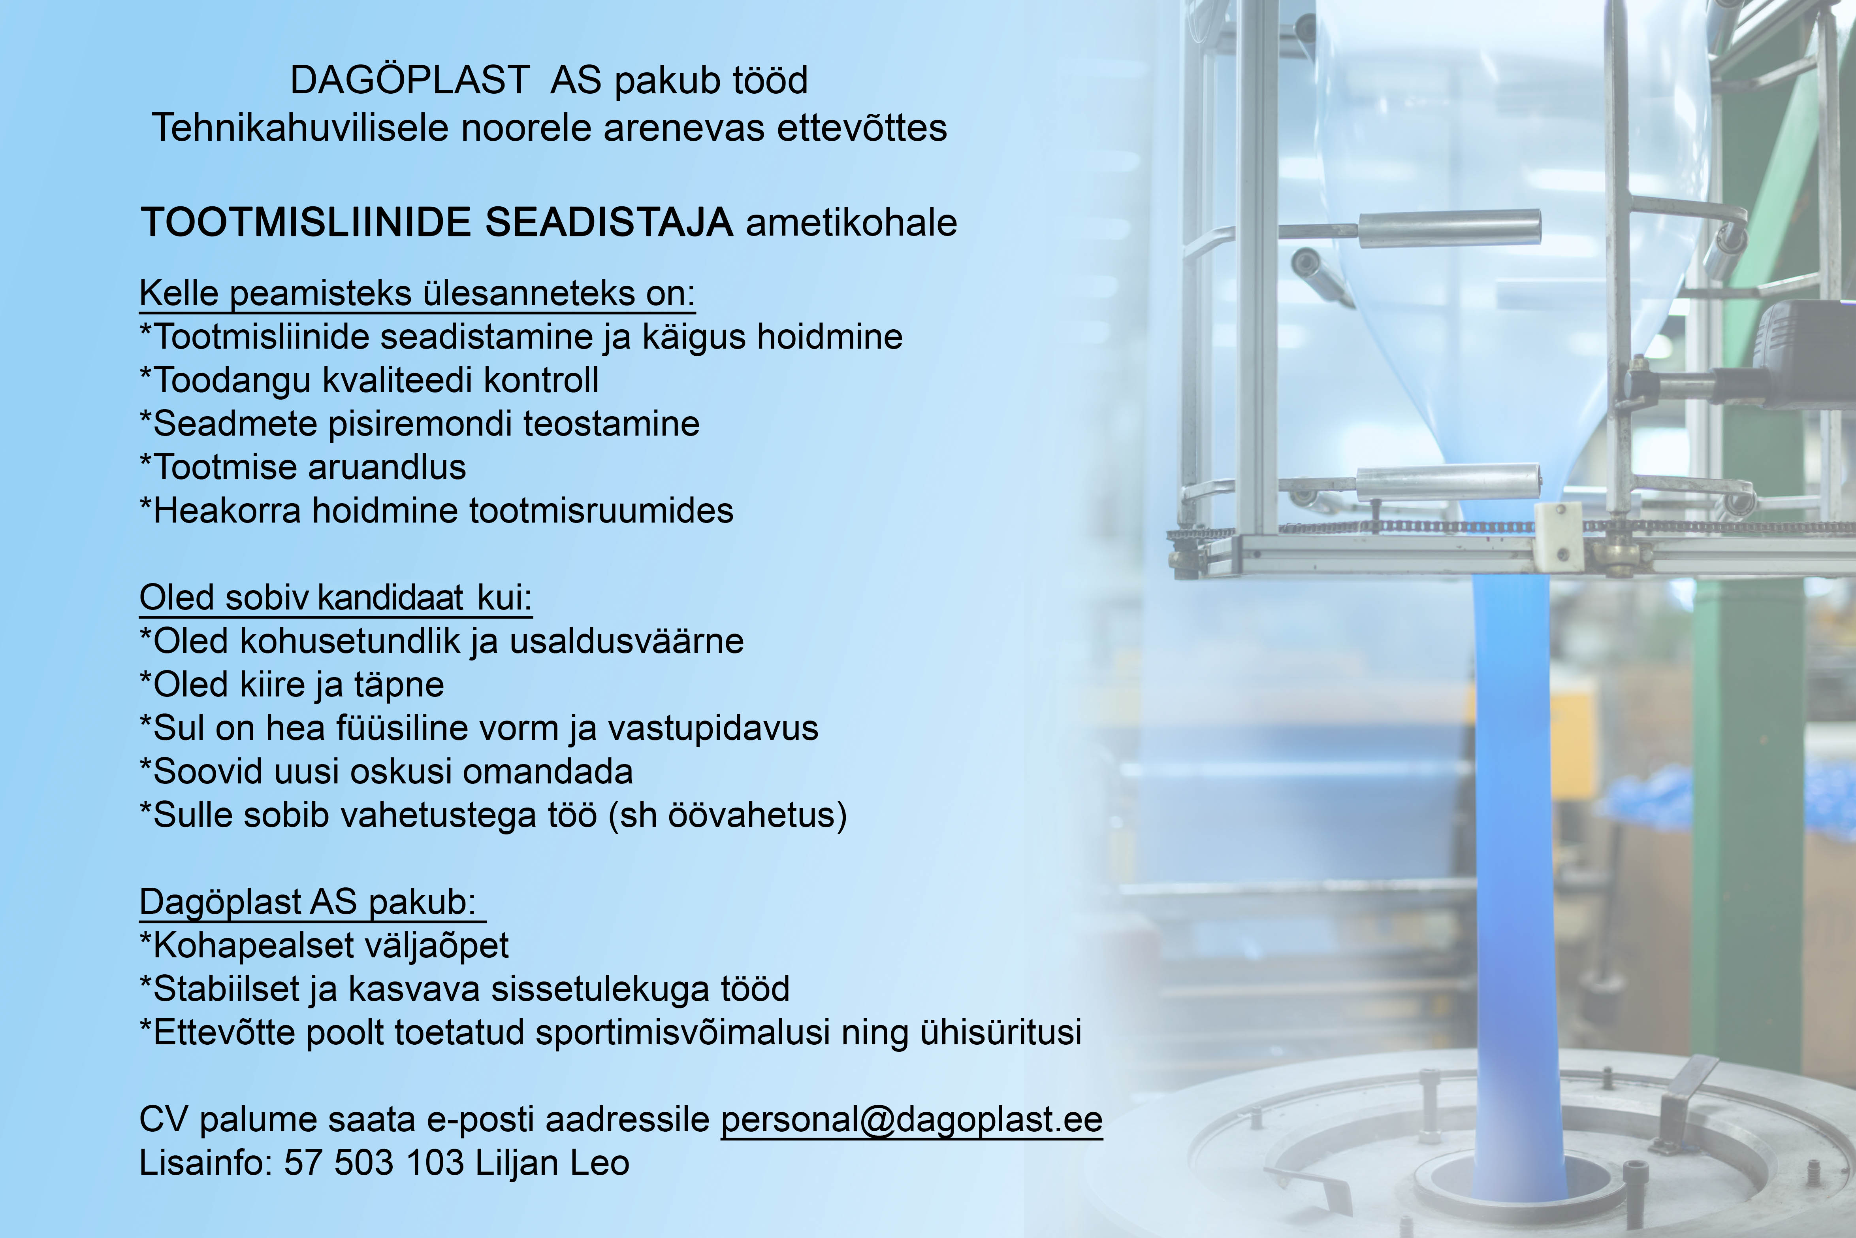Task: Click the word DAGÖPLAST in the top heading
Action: tap(410, 80)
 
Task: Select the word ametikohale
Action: tap(851, 223)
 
